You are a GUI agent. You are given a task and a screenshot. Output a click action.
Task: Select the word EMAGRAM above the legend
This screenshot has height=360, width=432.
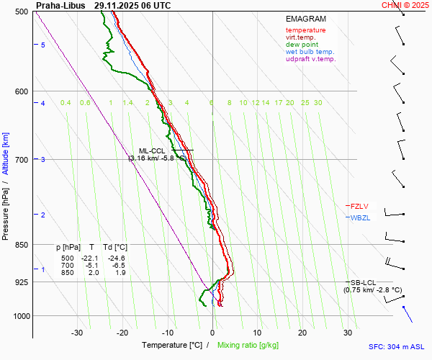pos(305,19)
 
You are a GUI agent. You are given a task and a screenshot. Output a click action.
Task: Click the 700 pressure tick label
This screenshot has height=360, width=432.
pos(21,159)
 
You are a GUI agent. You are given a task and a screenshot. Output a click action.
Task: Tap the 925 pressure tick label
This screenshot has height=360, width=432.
pos(21,282)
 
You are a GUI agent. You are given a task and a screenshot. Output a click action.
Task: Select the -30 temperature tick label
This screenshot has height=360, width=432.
pos(77,333)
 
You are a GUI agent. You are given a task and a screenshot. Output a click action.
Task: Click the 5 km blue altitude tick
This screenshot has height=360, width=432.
pos(42,45)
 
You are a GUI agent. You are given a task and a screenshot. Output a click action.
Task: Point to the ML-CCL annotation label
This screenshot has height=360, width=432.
pos(152,150)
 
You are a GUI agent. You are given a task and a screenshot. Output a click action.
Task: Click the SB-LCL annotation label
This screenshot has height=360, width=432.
pos(364,283)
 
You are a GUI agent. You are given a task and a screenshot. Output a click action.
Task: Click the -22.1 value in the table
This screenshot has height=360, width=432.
pos(89,258)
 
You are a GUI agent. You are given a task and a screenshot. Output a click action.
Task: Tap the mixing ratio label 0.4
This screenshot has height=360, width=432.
pos(66,103)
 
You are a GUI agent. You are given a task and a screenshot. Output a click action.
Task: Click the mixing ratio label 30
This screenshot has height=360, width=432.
pos(318,103)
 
